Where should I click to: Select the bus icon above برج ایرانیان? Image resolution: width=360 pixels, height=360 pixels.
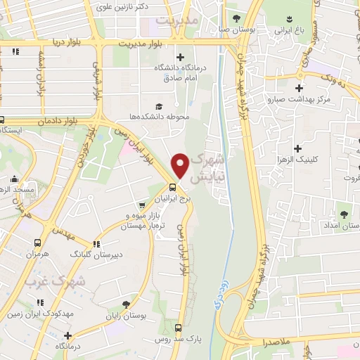tap(173, 187)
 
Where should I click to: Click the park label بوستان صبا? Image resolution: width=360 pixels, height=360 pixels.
tap(233, 30)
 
